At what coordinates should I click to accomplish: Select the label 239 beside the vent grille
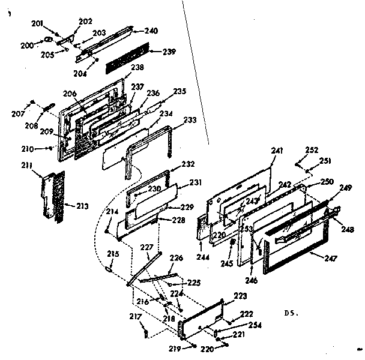point(169,52)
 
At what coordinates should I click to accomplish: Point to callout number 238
point(137,68)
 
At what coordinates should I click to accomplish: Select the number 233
point(190,120)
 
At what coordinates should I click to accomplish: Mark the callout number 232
point(188,164)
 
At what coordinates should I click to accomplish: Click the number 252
point(312,149)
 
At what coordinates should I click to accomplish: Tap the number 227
point(146,247)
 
